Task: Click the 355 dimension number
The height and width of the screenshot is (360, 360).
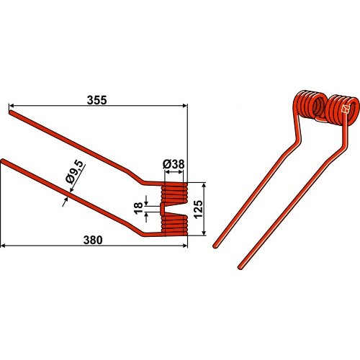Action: point(96,100)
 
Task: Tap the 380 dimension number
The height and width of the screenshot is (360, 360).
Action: point(93,240)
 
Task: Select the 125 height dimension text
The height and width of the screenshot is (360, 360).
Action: point(198,209)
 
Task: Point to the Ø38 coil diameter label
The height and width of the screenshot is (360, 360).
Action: point(174,164)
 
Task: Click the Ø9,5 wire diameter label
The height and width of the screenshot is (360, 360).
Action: point(74,172)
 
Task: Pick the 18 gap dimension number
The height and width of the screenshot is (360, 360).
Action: point(138,208)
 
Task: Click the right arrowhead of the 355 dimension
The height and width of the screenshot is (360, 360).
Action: point(185,105)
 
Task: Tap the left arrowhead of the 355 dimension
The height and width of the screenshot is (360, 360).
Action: point(11,105)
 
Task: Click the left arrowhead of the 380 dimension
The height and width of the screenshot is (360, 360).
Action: point(4,246)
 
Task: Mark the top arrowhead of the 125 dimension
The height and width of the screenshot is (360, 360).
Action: point(204,185)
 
